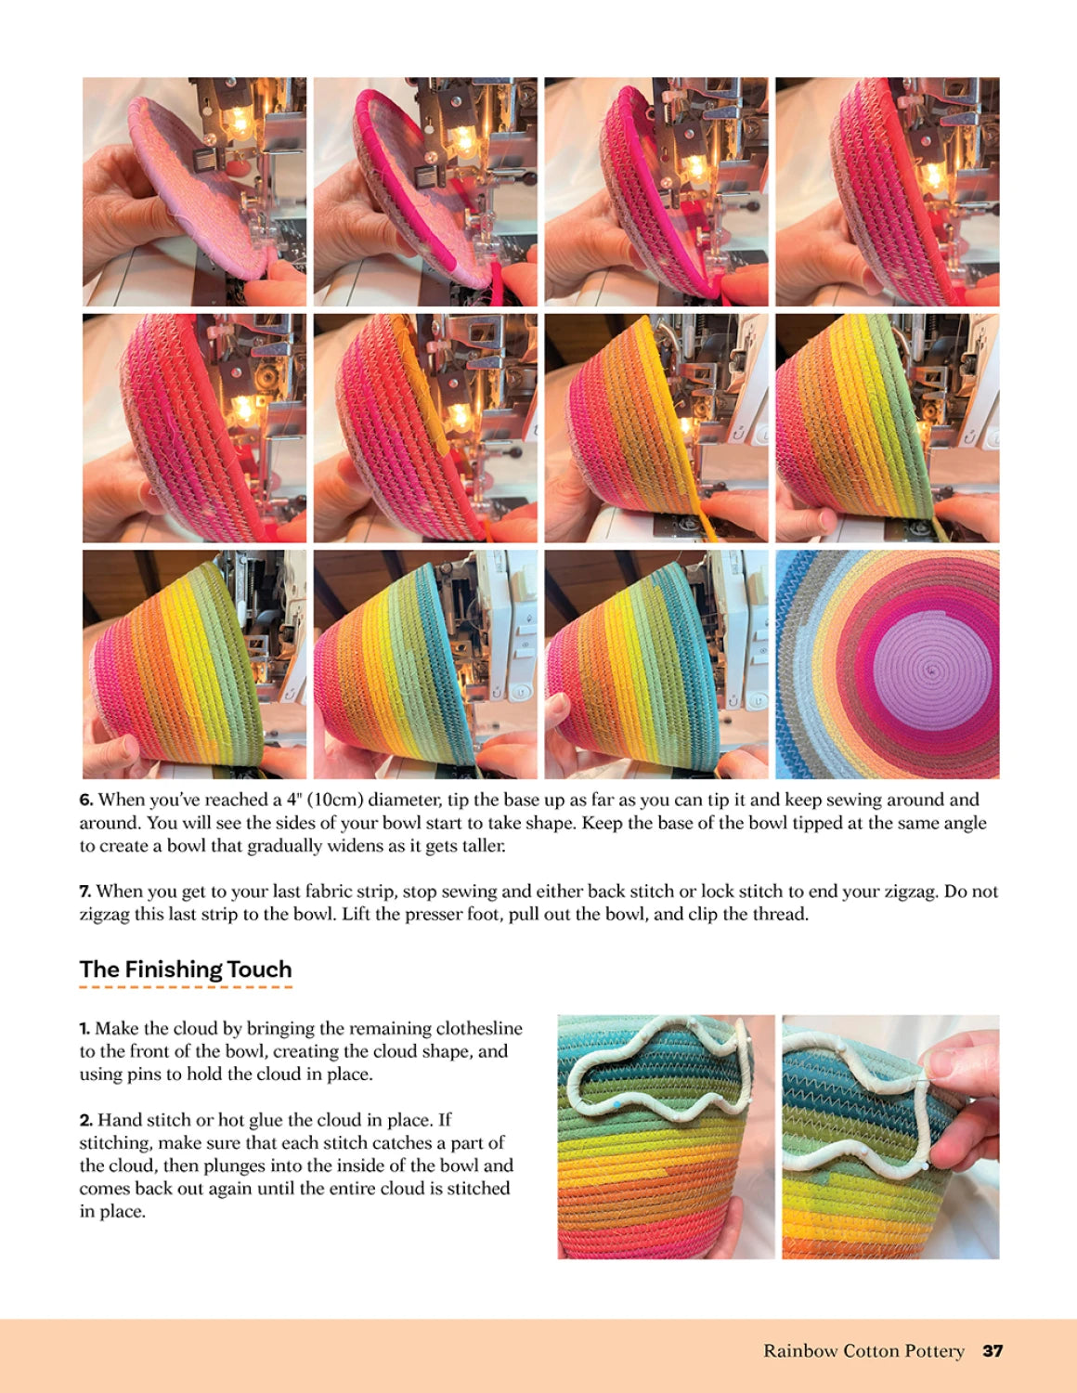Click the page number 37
[x=993, y=1351]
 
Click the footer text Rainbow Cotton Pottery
[x=863, y=1351]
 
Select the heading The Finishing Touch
[x=186, y=970]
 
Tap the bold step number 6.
[x=85, y=801]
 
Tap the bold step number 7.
[x=85, y=892]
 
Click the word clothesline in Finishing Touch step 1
[x=476, y=1029]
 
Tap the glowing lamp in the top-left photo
[x=238, y=121]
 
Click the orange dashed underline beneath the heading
[x=186, y=986]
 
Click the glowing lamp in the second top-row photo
[x=461, y=139]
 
